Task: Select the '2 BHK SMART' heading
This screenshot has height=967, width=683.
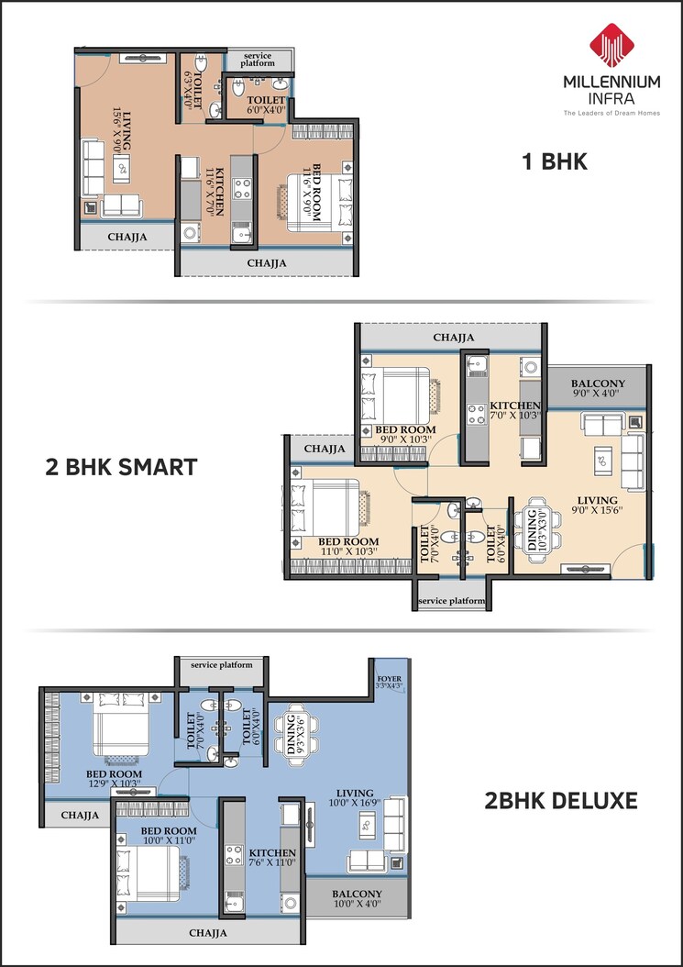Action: click(x=121, y=467)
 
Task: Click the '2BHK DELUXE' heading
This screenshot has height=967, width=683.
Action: click(x=560, y=800)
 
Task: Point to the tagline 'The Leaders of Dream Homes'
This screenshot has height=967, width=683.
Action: click(x=611, y=113)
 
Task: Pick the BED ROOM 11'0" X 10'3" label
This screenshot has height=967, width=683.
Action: click(x=347, y=548)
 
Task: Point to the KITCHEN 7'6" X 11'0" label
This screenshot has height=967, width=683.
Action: click(x=272, y=858)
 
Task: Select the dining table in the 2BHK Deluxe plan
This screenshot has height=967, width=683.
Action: click(x=299, y=733)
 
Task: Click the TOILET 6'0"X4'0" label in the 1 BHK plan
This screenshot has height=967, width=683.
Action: click(x=267, y=105)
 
